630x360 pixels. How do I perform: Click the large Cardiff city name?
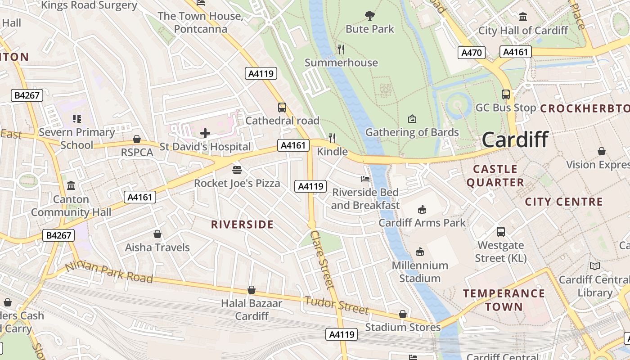pos(515,139)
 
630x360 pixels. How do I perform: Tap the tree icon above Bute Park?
pos(369,16)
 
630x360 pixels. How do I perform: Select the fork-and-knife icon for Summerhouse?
pos(341,49)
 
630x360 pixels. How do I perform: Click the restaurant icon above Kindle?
pos(332,138)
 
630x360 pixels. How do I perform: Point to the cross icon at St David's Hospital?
pos(205,133)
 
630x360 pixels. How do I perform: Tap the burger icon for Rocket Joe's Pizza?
pos(237,170)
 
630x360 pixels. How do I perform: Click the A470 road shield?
pos(472,53)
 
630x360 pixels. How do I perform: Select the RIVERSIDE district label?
pos(243,225)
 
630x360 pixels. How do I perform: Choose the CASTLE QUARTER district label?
pos(495,175)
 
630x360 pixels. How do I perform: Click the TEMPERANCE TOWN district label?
pos(504,300)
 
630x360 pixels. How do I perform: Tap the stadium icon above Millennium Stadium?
pos(420,252)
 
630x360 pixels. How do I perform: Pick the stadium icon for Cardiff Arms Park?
pos(422,209)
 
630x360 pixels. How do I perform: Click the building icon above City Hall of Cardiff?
pos(523,17)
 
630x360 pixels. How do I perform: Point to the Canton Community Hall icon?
pos(71,186)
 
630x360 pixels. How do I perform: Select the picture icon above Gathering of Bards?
pos(412,119)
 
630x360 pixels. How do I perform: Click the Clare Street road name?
pos(323,260)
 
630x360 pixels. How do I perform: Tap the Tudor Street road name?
pos(337,305)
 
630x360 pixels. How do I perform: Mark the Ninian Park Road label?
pos(109,273)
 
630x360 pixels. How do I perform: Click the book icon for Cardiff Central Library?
pos(595,266)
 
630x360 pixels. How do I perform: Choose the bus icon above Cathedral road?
pos(282,108)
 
